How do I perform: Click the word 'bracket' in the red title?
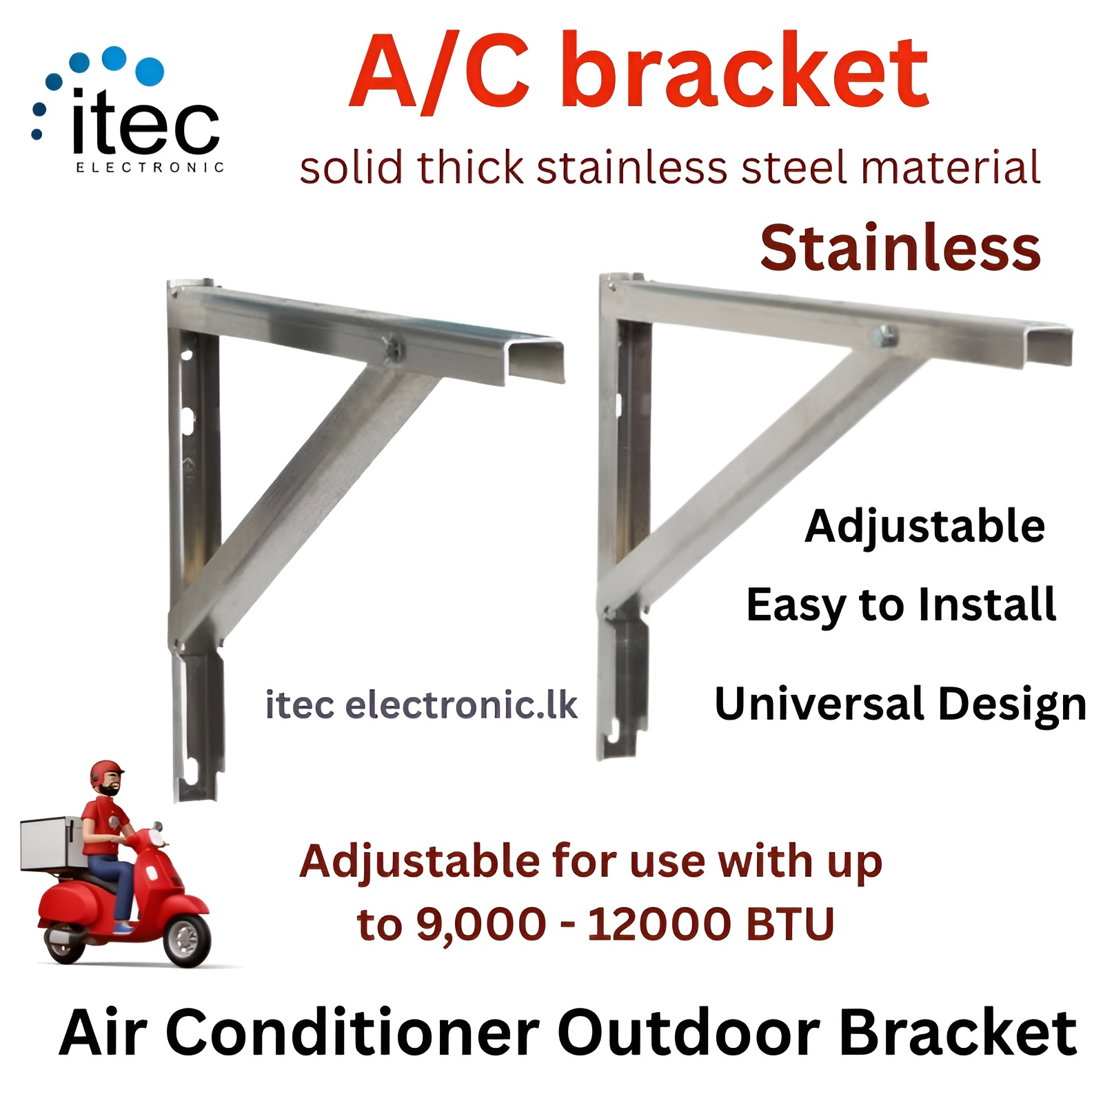coord(745,72)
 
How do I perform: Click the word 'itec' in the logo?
coord(145,124)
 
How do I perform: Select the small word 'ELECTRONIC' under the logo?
coord(150,168)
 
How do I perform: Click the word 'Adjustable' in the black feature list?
coord(924,527)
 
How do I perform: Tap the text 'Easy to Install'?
coord(900,605)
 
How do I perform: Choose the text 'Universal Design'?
coord(900,705)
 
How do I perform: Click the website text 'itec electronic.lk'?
coord(421,705)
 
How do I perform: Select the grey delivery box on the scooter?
coord(52,842)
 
